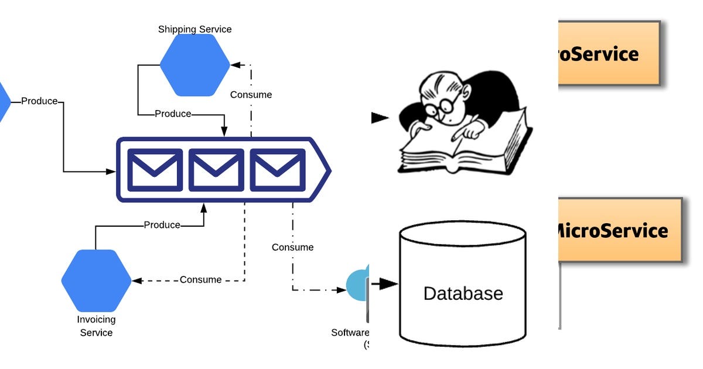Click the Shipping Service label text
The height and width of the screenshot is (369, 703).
pos(194,29)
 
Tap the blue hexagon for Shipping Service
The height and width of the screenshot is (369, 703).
pos(194,65)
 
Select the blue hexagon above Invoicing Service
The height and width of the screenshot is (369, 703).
pos(97,281)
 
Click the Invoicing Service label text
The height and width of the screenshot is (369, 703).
pos(96,326)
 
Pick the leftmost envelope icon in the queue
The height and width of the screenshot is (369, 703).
pos(155,170)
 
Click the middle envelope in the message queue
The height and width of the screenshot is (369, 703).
pos(216,170)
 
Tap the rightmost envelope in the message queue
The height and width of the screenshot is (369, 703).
pos(278,170)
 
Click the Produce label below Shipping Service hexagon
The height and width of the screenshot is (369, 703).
pos(173,114)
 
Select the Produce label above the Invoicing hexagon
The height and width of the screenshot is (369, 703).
pos(162,225)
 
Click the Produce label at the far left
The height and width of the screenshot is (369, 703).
pos(39,101)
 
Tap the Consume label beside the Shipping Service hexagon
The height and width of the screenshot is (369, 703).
pos(251,95)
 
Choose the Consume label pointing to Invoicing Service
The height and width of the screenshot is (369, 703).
pos(200,280)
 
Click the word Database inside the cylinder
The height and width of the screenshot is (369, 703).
pos(463,293)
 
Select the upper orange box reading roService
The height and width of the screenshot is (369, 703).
pos(609,54)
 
